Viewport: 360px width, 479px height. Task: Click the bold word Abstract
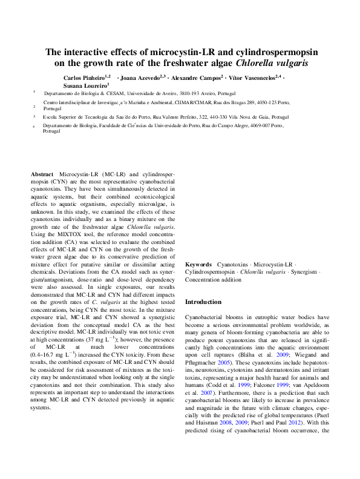point(42,173)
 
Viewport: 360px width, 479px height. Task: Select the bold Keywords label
point(198,265)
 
